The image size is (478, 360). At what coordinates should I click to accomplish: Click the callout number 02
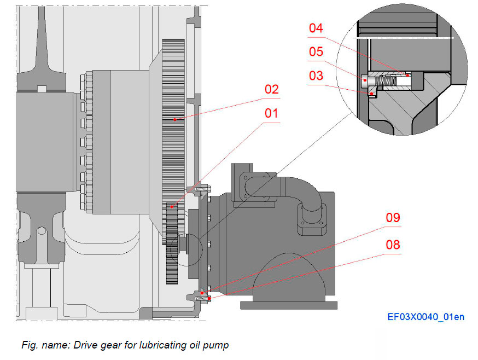(x=272, y=90)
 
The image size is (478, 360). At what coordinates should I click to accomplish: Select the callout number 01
(x=272, y=114)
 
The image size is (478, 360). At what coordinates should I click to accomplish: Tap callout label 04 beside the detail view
(x=316, y=28)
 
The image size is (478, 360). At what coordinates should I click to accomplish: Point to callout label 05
(x=316, y=52)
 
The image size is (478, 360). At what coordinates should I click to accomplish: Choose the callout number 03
(x=316, y=76)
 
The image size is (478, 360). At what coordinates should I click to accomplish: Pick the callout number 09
(x=393, y=218)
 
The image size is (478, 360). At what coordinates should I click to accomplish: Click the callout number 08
(x=393, y=244)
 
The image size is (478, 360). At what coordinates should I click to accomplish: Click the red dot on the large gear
(x=174, y=119)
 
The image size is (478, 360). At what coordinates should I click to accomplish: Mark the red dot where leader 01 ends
(x=171, y=207)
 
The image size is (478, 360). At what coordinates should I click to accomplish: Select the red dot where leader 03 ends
(x=372, y=94)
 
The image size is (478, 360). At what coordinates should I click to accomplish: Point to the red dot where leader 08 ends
(x=209, y=298)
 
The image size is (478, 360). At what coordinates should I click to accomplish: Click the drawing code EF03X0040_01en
(x=425, y=317)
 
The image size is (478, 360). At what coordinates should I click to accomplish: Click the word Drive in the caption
(x=79, y=345)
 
